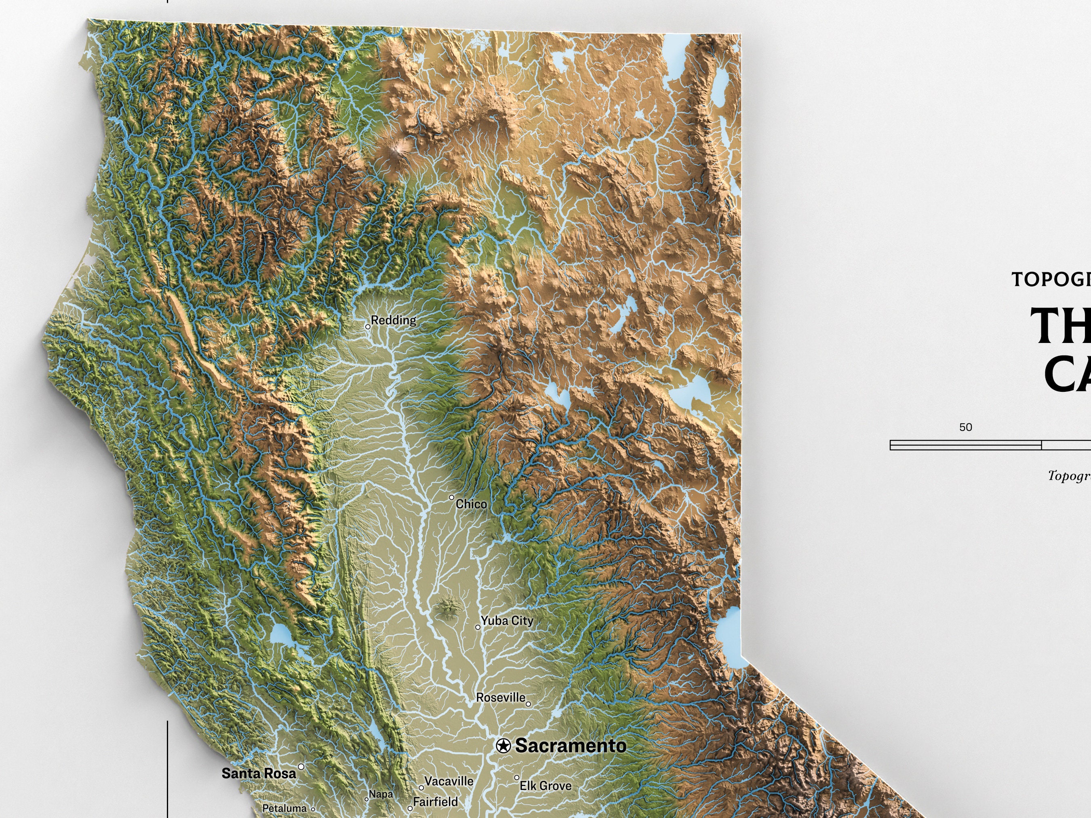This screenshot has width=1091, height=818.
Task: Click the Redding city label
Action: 393,320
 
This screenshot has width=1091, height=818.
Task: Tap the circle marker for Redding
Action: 367,326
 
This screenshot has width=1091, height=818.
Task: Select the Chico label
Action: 471,504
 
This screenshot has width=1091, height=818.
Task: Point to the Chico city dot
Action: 451,498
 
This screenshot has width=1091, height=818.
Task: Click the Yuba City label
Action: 507,621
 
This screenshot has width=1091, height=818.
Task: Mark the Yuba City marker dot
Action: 478,627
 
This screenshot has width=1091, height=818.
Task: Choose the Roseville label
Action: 501,698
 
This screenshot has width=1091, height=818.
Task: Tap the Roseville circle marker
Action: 528,704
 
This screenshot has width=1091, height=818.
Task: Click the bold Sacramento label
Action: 571,746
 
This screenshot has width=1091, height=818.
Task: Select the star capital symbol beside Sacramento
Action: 503,746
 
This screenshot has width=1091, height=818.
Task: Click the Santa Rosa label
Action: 259,773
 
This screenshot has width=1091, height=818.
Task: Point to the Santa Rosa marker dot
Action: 301,767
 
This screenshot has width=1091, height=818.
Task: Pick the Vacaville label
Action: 449,782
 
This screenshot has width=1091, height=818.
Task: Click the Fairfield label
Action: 436,802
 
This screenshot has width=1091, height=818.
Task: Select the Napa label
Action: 381,794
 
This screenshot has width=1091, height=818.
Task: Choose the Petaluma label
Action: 284,809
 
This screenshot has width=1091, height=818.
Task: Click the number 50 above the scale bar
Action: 966,427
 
